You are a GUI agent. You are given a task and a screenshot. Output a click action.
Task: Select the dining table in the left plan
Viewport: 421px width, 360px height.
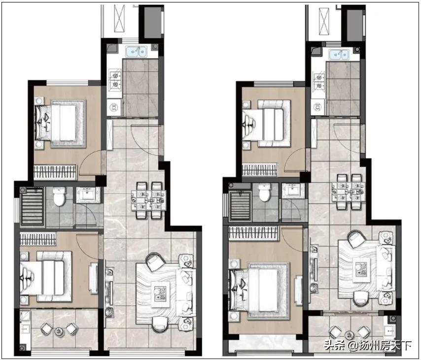(x=148, y=200)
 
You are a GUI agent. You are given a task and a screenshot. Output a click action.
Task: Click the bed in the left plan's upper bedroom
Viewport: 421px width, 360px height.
(x=60, y=123)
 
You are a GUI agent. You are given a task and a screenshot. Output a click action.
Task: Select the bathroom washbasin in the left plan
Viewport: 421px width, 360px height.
(x=88, y=195)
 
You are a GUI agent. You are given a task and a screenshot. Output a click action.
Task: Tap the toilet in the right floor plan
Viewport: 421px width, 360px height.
(x=265, y=193)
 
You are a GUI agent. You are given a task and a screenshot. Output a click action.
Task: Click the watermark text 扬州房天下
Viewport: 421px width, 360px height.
(x=387, y=346)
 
